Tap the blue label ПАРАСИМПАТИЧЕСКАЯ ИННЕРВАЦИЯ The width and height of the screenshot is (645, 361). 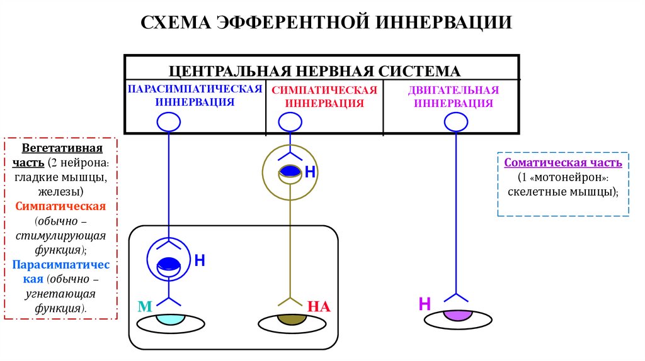click(x=195, y=95)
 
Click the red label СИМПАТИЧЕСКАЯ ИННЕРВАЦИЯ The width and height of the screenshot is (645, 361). click(x=324, y=96)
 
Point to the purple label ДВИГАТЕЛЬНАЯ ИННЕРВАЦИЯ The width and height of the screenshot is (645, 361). click(x=453, y=96)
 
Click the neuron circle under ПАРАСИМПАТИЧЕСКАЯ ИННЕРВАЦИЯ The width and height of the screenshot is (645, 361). click(x=168, y=121)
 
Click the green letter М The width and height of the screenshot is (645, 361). click(x=146, y=307)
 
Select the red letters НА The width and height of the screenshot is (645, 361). click(x=319, y=307)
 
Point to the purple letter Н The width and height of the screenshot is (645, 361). click(x=425, y=305)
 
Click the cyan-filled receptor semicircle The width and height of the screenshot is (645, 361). click(x=168, y=318)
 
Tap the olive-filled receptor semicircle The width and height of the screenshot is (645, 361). click(x=290, y=318)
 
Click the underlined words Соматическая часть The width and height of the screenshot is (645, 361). click(x=563, y=163)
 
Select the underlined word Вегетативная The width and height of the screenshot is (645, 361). click(x=62, y=149)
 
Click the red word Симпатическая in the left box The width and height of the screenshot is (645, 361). click(x=62, y=206)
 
